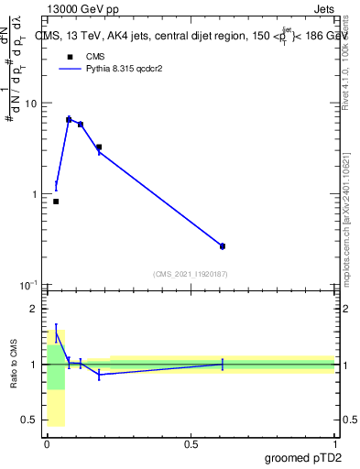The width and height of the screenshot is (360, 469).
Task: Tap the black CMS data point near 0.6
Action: [223, 245]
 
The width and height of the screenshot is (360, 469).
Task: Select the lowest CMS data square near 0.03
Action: [56, 202]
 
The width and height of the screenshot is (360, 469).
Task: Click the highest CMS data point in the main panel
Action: [69, 120]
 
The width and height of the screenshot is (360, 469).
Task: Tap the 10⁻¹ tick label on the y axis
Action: [28, 285]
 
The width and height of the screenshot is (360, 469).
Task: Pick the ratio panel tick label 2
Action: [33, 310]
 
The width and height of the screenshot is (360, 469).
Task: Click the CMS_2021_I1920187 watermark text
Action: [191, 273]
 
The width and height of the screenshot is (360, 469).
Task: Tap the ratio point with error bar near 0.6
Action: [223, 365]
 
